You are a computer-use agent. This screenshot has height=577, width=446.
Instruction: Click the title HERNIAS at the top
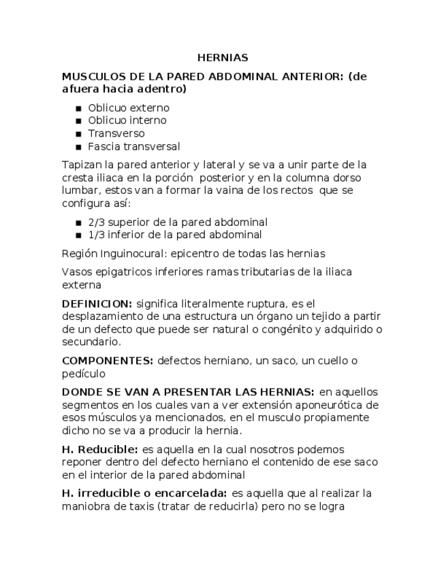[x=223, y=58]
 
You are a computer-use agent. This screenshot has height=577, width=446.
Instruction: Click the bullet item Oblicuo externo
[x=129, y=108]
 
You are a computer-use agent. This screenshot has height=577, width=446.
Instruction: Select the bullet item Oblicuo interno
[x=127, y=120]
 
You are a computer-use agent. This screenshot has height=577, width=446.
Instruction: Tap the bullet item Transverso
[x=116, y=133]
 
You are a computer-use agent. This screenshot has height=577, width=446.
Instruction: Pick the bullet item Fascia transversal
[x=133, y=146]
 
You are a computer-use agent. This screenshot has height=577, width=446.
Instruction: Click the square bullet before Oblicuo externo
[x=79, y=108]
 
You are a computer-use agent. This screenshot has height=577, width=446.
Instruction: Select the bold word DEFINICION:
[x=97, y=303]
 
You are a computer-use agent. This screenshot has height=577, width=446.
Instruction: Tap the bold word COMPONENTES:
[x=107, y=361]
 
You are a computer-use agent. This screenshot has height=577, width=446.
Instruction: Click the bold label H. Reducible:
[x=99, y=450]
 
